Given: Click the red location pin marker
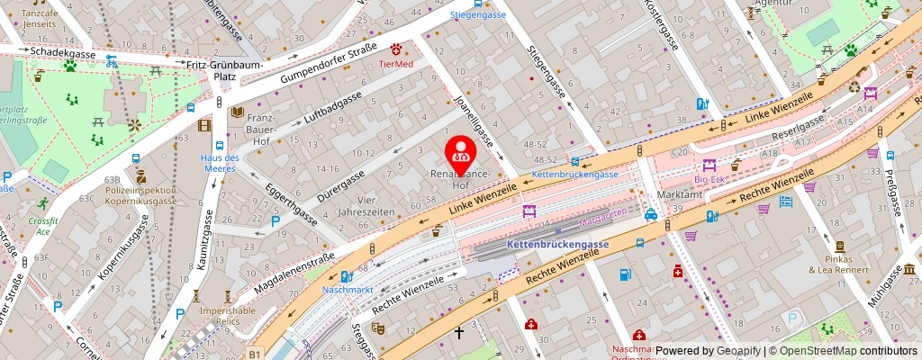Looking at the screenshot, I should coord(462,154).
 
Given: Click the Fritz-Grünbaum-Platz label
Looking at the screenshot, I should coord(212,70).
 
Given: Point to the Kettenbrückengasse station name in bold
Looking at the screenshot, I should coord(557,244).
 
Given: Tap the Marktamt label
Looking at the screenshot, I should coord(680,194).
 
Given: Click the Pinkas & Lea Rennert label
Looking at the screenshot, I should coord(837,263).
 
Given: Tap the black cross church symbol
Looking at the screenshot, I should coord(458,333).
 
